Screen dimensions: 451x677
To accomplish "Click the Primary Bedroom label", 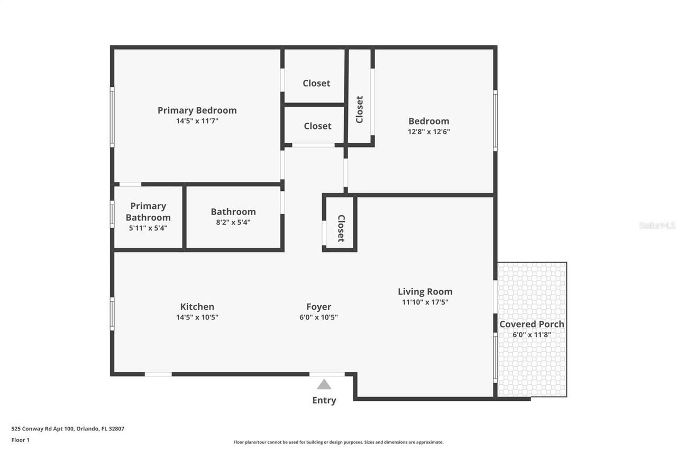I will [x=197, y=110].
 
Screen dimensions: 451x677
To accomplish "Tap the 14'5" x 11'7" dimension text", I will [x=197, y=121].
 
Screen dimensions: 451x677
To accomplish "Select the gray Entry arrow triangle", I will [x=324, y=384].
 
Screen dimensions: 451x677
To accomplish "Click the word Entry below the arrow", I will [x=324, y=400].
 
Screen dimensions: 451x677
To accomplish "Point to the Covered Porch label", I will [x=532, y=324].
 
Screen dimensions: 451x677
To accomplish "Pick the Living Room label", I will [x=425, y=291].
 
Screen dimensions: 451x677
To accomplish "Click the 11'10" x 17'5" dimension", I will [x=425, y=302].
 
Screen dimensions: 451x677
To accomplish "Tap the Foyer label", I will [x=318, y=307].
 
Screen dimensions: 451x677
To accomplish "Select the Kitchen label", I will [x=197, y=307].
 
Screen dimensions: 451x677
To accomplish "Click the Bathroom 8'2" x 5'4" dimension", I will [x=233, y=223].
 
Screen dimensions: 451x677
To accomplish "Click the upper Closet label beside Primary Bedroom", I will [x=316, y=83].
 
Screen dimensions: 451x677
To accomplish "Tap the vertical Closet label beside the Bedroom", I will [x=360, y=109].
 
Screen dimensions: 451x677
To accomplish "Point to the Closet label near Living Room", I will [x=341, y=228].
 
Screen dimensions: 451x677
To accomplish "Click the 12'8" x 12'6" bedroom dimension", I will [x=428, y=132].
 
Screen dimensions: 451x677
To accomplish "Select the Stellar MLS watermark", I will [x=657, y=225].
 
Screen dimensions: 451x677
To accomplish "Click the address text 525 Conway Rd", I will [x=68, y=429].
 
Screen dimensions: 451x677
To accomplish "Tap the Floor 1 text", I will [x=21, y=440].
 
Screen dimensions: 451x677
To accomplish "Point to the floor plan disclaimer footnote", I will [x=338, y=442].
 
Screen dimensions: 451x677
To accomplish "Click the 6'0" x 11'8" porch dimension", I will [x=532, y=335].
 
